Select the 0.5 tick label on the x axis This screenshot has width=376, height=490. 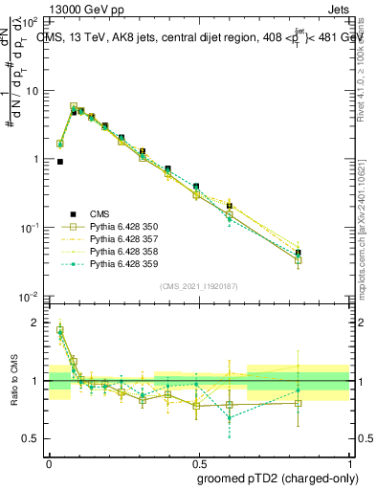pyautogui.click(x=198, y=459)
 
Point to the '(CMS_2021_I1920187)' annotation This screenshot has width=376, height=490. pyautogui.click(x=198, y=286)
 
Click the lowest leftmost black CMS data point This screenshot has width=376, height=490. pyautogui.click(x=60, y=162)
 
